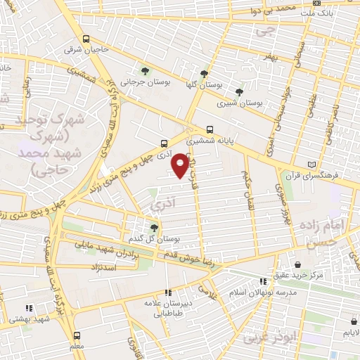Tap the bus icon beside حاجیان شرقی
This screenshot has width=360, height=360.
click(x=86, y=39)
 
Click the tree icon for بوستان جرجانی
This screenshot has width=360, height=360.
click(x=143, y=71)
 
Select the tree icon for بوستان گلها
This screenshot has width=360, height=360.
click(x=204, y=74)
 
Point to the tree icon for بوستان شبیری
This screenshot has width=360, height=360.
click(x=239, y=92)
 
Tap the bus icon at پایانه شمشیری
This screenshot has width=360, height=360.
click(x=210, y=129)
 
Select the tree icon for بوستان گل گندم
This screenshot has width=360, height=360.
click(x=154, y=227)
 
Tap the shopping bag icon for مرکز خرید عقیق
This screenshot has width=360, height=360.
click(x=298, y=264)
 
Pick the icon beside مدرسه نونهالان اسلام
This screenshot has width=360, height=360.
click(x=263, y=281)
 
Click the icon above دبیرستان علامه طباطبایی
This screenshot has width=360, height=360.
click(x=167, y=292)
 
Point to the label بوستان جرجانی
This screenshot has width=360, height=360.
click(x=141, y=82)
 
